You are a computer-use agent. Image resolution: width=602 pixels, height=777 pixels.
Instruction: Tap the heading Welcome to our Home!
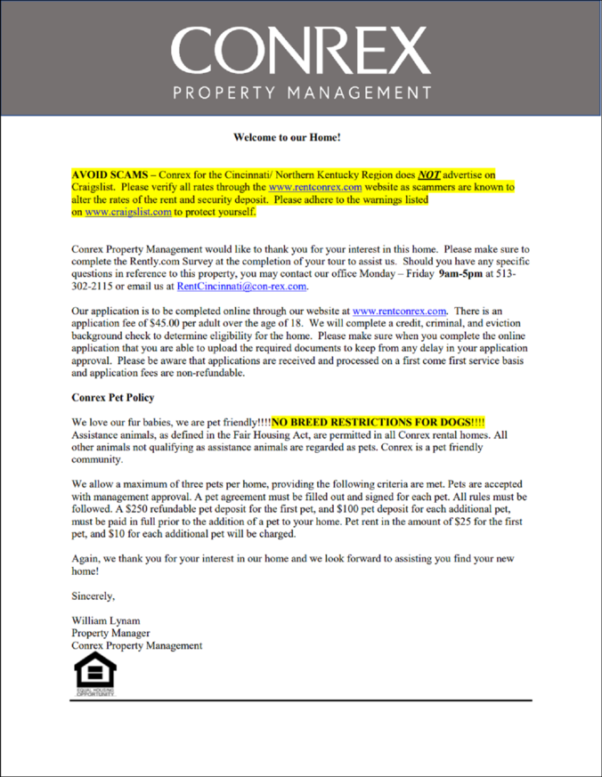[288, 138]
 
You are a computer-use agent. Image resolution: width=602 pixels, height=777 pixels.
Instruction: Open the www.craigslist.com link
[127, 213]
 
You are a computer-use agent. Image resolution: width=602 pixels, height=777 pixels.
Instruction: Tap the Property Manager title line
[111, 633]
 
